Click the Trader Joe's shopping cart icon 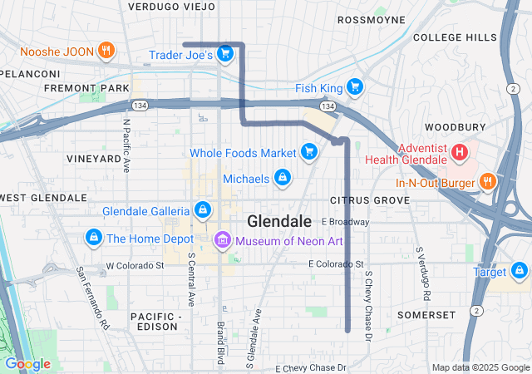click(x=224, y=55)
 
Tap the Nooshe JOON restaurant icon click(x=106, y=49)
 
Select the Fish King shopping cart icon click(x=355, y=86)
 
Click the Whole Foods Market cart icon click(x=309, y=151)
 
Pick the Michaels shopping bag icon click(x=283, y=178)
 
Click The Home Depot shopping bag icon click(x=93, y=239)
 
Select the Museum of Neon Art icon click(x=222, y=241)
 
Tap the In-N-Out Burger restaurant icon click(x=487, y=180)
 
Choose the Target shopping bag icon click(x=520, y=270)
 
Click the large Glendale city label click(x=279, y=221)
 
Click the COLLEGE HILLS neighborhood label click(x=455, y=37)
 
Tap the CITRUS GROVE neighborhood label click(x=370, y=200)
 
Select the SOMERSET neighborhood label click(x=426, y=315)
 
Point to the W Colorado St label click(x=135, y=266)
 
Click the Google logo click(x=27, y=364)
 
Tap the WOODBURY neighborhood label click(x=455, y=127)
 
